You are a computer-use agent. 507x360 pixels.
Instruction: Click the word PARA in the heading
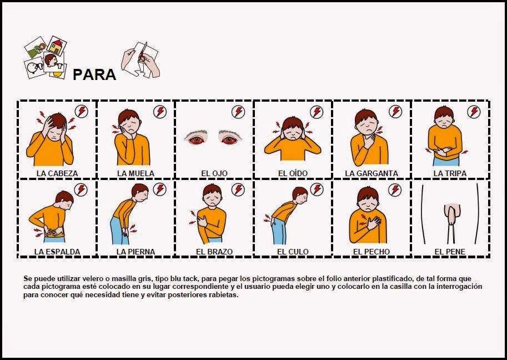pos(94,74)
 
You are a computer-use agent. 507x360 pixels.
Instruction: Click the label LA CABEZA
pos(57,173)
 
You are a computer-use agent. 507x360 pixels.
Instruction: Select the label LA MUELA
pos(135,173)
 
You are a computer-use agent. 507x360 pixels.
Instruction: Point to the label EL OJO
pos(214,173)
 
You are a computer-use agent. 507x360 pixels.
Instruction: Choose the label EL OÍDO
pos(293,173)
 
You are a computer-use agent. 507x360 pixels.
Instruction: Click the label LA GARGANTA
pos(372,173)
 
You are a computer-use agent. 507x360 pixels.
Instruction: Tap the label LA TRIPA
pos(450,173)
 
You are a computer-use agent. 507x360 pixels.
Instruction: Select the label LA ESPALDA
pos(57,252)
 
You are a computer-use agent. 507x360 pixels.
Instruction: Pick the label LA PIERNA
pos(135,252)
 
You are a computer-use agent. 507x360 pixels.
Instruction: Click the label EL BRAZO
pos(214,252)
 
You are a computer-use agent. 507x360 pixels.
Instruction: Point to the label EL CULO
pos(293,252)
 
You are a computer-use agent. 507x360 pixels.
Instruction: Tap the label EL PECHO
pos(372,252)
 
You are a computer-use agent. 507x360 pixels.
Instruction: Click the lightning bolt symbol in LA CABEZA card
pos(81,112)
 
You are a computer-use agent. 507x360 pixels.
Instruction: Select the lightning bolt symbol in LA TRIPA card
pos(474,112)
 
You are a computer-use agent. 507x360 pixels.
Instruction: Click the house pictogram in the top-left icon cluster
pos(56,44)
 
